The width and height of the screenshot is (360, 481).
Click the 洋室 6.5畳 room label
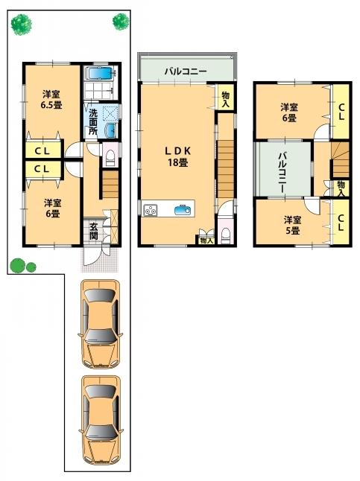[x=51, y=99]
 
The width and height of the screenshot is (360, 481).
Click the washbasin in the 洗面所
[x=110, y=131]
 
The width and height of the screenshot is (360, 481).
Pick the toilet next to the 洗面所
[x=109, y=156]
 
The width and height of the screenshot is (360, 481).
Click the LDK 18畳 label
[x=177, y=156]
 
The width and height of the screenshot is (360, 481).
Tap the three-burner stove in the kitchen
[x=151, y=210]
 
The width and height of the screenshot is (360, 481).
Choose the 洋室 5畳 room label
[x=292, y=225]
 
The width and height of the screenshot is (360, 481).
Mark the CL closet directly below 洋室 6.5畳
[x=41, y=150]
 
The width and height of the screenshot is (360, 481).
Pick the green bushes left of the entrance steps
[x=22, y=264]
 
